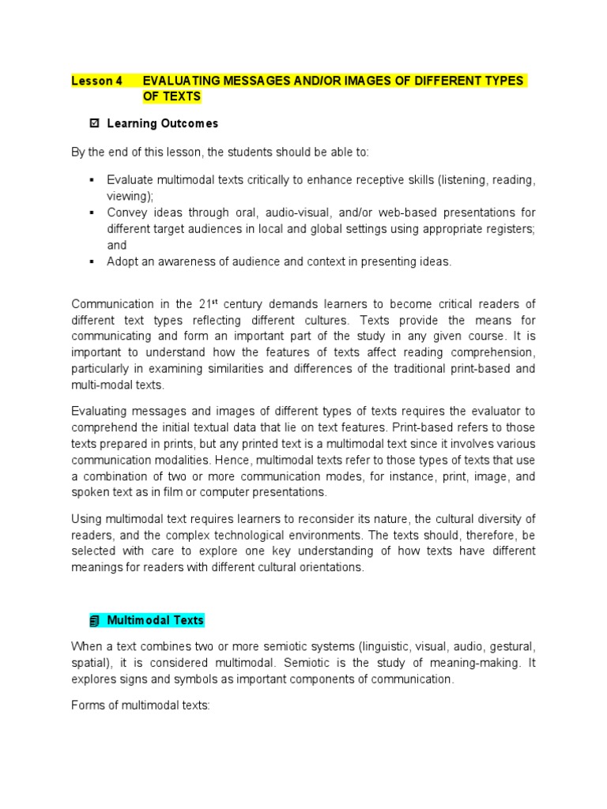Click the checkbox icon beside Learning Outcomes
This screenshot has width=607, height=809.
(x=95, y=124)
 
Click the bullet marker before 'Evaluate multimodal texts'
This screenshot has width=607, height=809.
(x=92, y=180)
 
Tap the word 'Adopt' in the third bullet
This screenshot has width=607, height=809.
(x=122, y=262)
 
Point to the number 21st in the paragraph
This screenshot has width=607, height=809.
(x=208, y=304)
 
